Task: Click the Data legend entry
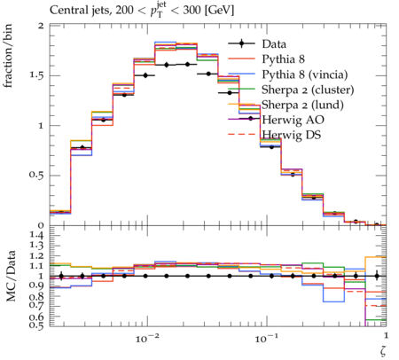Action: tap(274, 44)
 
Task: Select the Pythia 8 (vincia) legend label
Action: tap(305, 74)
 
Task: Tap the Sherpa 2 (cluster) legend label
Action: tap(308, 90)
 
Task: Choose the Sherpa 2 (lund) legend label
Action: tap(302, 105)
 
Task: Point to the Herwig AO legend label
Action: tap(293, 120)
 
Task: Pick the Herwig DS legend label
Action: tap(292, 135)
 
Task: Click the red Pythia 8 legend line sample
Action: tap(241, 59)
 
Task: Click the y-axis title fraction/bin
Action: tap(8, 56)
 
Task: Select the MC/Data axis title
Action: tap(11, 276)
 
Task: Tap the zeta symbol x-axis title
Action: tap(383, 351)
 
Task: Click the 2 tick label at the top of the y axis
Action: tap(41, 26)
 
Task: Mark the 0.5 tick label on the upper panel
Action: tap(36, 175)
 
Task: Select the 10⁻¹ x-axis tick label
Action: tap(264, 338)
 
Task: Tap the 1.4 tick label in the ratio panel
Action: tap(36, 236)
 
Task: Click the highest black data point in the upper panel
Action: tap(187, 64)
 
